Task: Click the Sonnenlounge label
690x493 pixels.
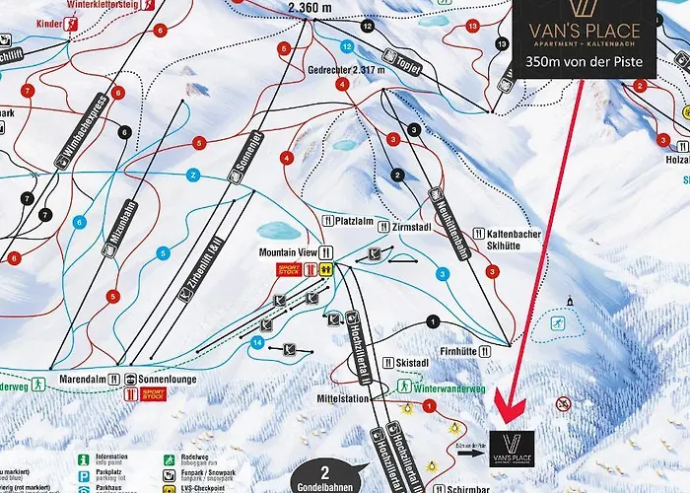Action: tap(162, 377)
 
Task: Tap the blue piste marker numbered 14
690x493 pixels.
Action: tap(257, 342)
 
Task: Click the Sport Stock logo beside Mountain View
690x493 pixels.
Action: tap(288, 268)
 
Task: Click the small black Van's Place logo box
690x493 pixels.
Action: tap(512, 450)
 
